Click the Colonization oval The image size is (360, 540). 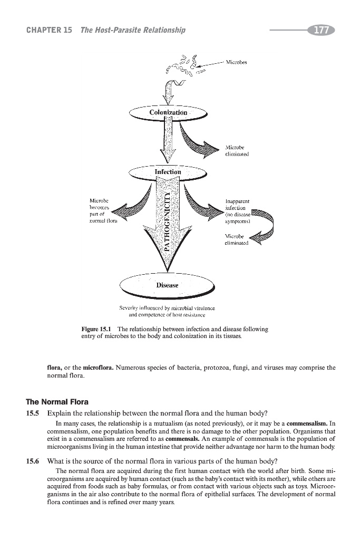coord(168,113)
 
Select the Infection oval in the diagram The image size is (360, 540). coord(168,172)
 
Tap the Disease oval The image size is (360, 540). coord(167,285)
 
